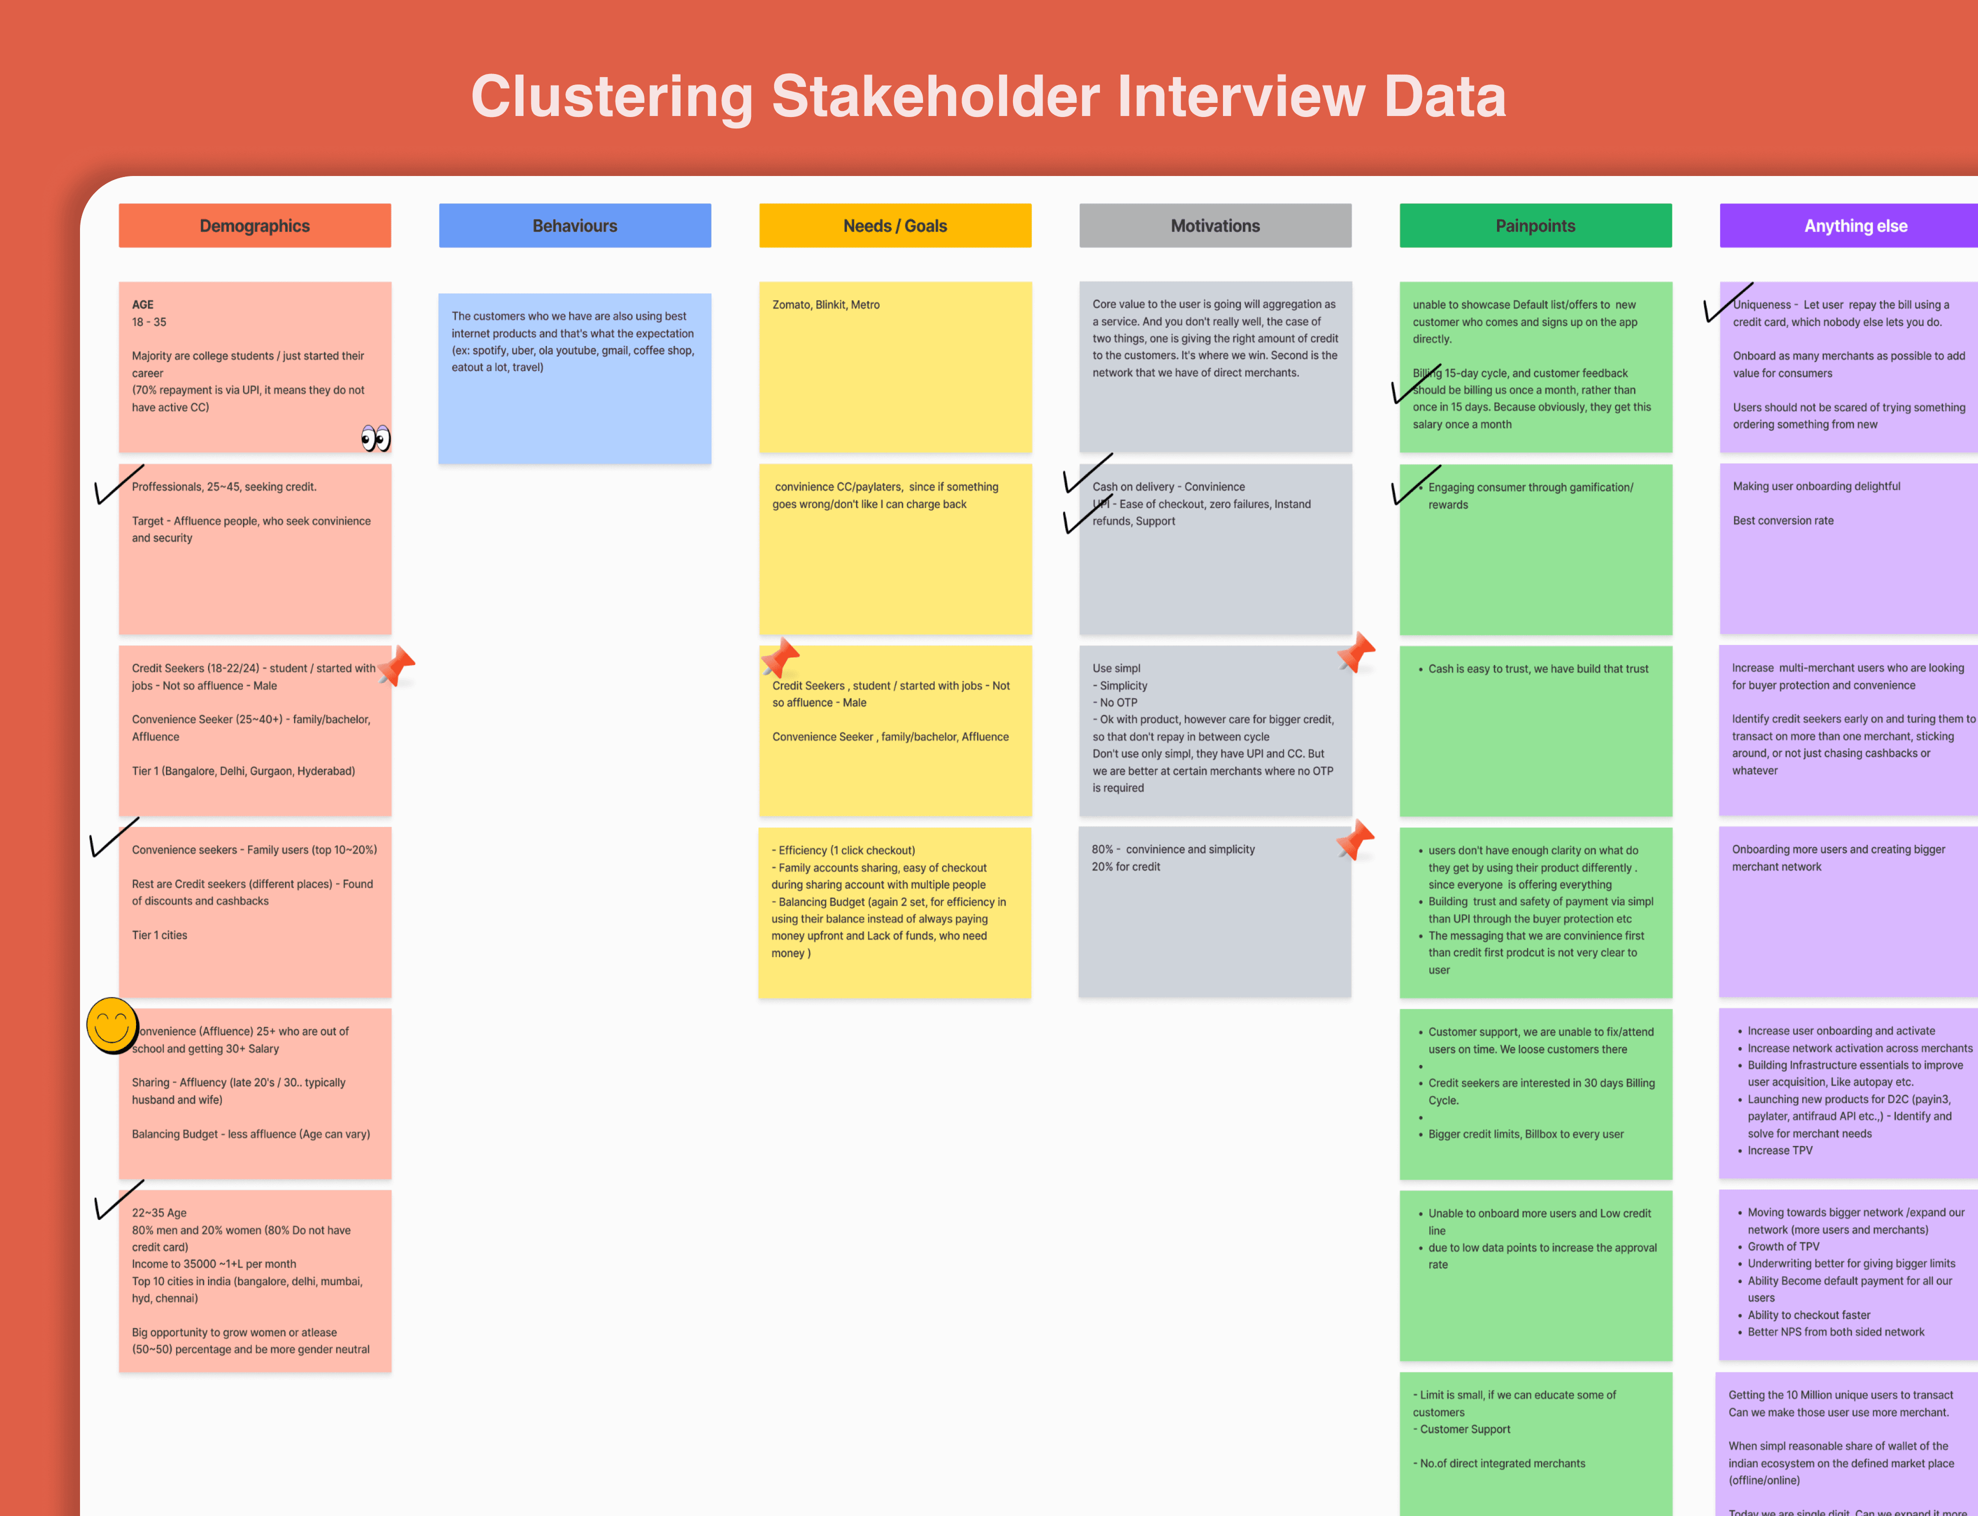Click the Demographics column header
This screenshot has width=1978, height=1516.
[x=254, y=225]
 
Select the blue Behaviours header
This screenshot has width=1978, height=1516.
[x=575, y=225]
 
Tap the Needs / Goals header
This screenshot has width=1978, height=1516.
[x=894, y=225]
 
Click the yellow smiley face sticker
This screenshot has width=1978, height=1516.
[x=112, y=1025]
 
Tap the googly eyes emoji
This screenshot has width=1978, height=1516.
[x=375, y=438]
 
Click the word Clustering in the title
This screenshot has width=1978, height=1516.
[x=611, y=96]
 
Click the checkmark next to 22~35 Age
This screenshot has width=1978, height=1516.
[x=117, y=1199]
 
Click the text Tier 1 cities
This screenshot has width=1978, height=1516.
[x=159, y=935]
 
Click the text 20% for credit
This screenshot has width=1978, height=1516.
[x=1125, y=866]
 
